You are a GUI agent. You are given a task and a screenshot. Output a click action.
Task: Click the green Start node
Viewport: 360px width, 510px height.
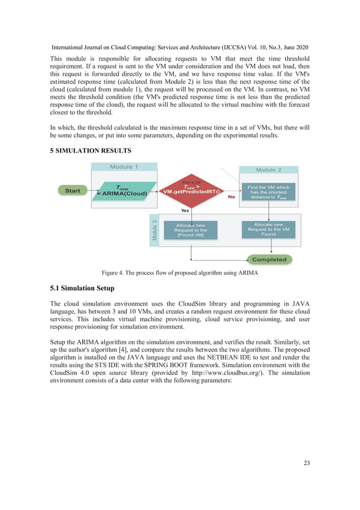[73, 191]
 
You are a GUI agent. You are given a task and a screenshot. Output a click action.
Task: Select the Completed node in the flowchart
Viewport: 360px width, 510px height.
[269, 260]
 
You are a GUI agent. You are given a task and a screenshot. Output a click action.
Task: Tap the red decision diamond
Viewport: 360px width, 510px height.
[191, 191]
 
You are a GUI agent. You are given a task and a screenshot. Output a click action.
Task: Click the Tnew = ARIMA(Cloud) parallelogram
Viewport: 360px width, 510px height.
[122, 191]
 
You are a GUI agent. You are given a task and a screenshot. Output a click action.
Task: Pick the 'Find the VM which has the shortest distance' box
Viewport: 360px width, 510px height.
[268, 192]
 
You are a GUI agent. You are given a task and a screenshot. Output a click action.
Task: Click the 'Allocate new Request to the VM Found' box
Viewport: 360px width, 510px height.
[269, 229]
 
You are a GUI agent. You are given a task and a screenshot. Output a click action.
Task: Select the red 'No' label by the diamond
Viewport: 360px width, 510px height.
[231, 198]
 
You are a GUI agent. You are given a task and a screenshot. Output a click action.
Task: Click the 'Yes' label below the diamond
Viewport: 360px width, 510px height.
[185, 210]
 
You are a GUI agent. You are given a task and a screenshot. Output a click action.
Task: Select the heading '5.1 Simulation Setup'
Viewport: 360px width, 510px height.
[82, 289]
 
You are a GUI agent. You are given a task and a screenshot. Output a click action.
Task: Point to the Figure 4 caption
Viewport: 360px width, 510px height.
[179, 273]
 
